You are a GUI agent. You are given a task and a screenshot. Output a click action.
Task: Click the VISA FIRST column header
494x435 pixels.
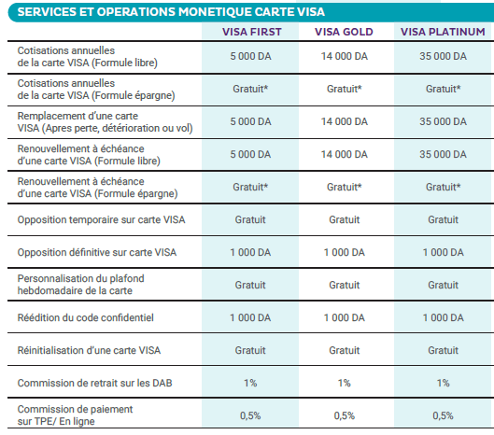(x=251, y=32)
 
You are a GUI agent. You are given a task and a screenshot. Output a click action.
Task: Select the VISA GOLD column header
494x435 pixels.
(x=344, y=32)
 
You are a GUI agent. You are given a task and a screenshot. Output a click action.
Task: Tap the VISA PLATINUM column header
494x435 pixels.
(x=443, y=32)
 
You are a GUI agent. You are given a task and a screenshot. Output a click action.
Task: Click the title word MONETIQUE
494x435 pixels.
(x=215, y=12)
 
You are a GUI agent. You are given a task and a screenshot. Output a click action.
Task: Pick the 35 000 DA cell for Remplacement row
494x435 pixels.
(x=443, y=121)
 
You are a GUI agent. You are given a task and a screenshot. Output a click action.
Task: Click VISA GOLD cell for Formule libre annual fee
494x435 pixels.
(x=344, y=56)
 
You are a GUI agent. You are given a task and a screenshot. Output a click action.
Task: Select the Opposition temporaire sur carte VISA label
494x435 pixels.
(x=101, y=219)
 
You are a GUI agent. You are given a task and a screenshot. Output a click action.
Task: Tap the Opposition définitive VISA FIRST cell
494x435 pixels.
(x=250, y=252)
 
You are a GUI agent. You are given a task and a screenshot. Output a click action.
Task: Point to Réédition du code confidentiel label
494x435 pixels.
(x=85, y=317)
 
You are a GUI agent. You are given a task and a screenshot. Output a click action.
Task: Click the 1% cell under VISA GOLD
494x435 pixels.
(x=344, y=383)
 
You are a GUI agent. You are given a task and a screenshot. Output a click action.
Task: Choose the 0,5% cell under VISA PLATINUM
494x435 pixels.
(x=443, y=415)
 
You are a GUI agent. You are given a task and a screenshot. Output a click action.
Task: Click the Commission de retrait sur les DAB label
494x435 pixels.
(x=95, y=383)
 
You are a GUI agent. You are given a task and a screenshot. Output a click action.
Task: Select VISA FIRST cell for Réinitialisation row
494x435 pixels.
(x=250, y=350)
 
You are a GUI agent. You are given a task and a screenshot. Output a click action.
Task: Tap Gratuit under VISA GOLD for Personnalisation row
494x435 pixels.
(x=344, y=285)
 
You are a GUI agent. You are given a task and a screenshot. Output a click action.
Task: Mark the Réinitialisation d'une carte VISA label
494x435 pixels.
(x=89, y=350)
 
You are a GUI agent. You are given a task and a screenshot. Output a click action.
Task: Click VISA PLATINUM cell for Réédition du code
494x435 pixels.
(x=443, y=317)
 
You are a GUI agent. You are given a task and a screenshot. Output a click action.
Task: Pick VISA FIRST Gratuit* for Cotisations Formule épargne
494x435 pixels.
(x=250, y=89)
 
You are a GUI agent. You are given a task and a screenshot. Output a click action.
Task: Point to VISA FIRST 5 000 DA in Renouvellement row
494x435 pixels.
(x=250, y=154)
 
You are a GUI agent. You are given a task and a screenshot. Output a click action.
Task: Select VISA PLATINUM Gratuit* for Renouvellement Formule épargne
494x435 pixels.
(x=443, y=187)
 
